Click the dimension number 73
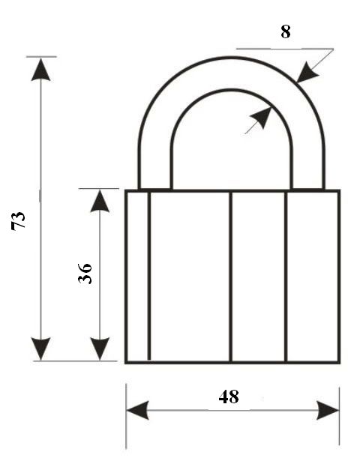tap(18, 220)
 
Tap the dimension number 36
tap(85, 274)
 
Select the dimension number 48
tap(229, 397)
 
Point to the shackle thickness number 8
tap(286, 31)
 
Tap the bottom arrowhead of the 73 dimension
tap(41, 349)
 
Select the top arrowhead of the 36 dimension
tap(100, 201)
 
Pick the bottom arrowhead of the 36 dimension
tap(100, 349)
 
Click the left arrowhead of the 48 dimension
tap(137, 410)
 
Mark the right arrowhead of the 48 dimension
tap(328, 410)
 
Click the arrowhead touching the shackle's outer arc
tap(307, 73)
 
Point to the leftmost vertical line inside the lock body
tap(149, 276)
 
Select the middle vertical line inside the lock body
tap(230, 277)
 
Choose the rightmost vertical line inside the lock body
tap(286, 277)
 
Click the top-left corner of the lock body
tap(125, 190)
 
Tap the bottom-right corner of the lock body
tap(340, 363)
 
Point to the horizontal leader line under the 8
tap(285, 49)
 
